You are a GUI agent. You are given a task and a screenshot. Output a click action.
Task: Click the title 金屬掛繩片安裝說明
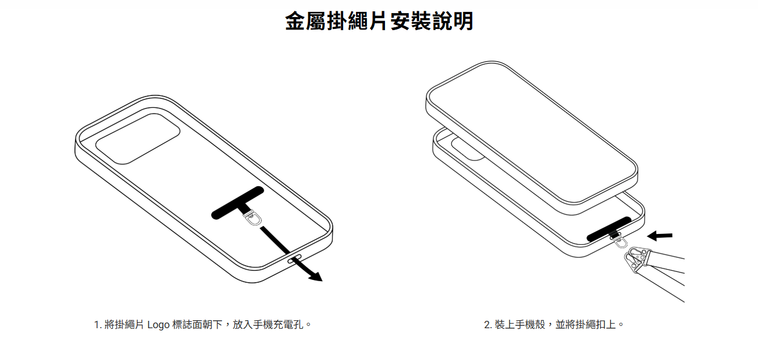(379, 21)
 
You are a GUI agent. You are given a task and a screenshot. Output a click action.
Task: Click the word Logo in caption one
(158, 325)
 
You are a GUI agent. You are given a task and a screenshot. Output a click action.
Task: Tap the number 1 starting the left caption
(97, 325)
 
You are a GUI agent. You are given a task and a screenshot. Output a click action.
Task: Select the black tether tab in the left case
(237, 203)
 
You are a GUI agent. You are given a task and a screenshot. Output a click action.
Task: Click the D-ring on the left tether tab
(253, 219)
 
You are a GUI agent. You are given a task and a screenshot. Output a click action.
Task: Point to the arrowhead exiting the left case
(315, 276)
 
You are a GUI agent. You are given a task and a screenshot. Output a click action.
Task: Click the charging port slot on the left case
(294, 259)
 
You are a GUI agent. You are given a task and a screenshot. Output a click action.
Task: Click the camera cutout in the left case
(138, 139)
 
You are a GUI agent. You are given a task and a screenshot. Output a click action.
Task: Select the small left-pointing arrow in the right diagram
(660, 236)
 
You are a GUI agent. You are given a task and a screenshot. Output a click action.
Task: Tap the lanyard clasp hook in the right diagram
(636, 259)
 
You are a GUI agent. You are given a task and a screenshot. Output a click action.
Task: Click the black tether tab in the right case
(609, 229)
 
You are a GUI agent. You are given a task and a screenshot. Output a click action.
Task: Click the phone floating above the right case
(531, 138)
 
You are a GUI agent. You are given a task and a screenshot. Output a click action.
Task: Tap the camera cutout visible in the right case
(467, 149)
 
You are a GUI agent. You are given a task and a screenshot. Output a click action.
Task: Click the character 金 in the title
(295, 21)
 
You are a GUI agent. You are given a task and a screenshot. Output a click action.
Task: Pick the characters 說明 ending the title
(453, 21)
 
